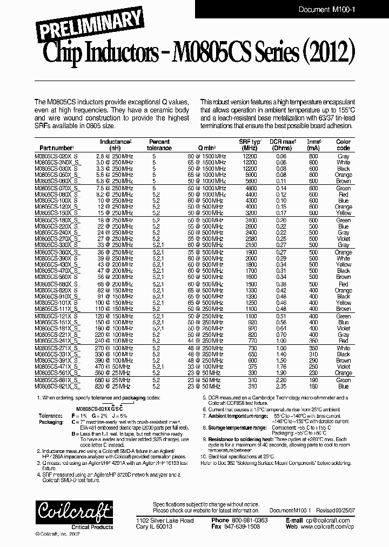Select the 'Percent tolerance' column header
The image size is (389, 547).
[x=159, y=144]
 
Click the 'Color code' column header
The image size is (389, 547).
[x=343, y=144]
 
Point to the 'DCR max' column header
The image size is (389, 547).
[x=281, y=144]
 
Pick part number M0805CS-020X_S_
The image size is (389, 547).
[x=58, y=156]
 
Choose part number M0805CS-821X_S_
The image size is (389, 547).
[x=58, y=386]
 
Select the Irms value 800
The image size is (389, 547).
[x=313, y=156]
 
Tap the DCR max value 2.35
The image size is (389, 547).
[x=281, y=386]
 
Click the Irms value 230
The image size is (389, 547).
[x=313, y=373]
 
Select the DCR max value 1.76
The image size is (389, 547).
[x=281, y=366]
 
